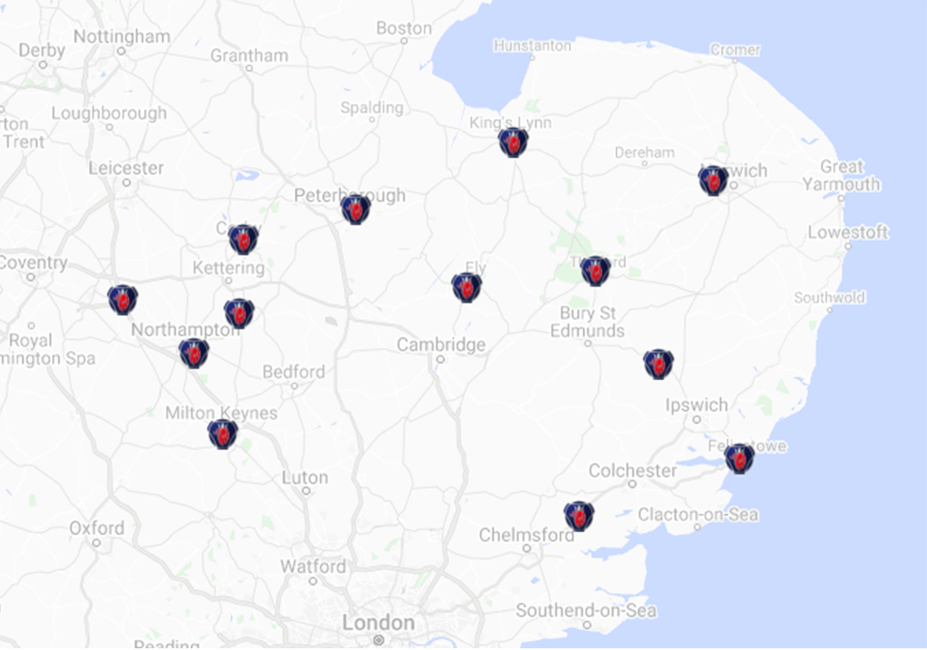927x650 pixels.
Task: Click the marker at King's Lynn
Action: pyautogui.click(x=513, y=143)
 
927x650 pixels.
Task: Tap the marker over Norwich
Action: pyautogui.click(x=713, y=180)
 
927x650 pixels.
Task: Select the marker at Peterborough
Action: pyautogui.click(x=355, y=209)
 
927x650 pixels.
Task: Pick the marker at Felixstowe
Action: pyautogui.click(x=739, y=458)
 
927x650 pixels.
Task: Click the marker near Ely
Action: pyautogui.click(x=467, y=287)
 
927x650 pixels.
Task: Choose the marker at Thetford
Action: pyautogui.click(x=595, y=270)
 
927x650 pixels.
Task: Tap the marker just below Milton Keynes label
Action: pyautogui.click(x=223, y=434)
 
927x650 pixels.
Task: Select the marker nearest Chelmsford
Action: pyautogui.click(x=579, y=515)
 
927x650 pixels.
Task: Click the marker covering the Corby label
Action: pyautogui.click(x=243, y=239)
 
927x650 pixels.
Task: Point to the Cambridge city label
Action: pyautogui.click(x=441, y=344)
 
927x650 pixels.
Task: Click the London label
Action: pyautogui.click(x=378, y=623)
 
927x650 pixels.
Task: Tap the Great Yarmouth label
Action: pyautogui.click(x=841, y=175)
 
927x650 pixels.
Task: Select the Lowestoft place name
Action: pyautogui.click(x=847, y=233)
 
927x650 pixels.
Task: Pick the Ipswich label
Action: pyautogui.click(x=696, y=404)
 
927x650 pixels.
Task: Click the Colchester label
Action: pyautogui.click(x=632, y=471)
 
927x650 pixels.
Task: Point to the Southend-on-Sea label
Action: pyautogui.click(x=586, y=611)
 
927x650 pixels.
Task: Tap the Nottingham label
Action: pyautogui.click(x=121, y=37)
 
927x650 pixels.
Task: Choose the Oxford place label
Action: pyautogui.click(x=96, y=527)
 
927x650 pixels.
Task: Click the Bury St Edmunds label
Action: pyautogui.click(x=588, y=322)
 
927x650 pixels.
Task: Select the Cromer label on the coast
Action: pyautogui.click(x=735, y=50)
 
